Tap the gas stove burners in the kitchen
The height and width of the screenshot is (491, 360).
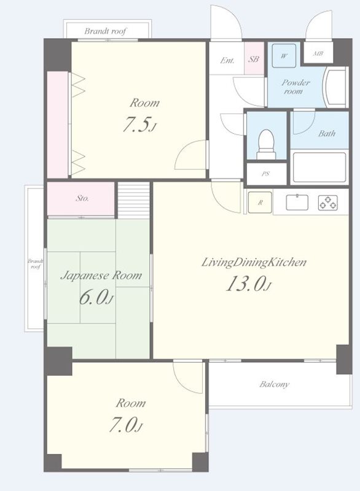click(x=328, y=203)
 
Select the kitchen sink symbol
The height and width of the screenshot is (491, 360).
click(x=297, y=203)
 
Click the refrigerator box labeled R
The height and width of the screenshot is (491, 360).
click(x=260, y=203)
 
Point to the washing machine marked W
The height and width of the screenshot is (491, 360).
click(x=284, y=56)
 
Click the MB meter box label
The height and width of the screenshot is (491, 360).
click(x=318, y=53)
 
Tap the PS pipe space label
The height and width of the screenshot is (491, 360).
click(x=265, y=174)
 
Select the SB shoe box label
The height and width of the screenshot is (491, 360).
click(x=254, y=59)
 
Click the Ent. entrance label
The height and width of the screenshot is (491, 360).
click(x=227, y=60)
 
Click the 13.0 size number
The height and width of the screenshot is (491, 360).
click(x=248, y=284)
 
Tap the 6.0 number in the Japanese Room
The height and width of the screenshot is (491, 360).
click(x=96, y=297)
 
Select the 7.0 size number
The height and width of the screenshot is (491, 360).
click(x=125, y=425)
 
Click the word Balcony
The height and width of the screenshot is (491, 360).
click(x=275, y=384)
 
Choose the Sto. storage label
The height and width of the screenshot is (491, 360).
click(x=82, y=198)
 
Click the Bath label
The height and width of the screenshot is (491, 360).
click(x=327, y=134)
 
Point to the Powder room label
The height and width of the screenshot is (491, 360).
click(x=295, y=87)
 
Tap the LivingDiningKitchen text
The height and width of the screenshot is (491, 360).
click(x=254, y=262)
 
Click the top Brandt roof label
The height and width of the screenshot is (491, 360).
click(x=106, y=31)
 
